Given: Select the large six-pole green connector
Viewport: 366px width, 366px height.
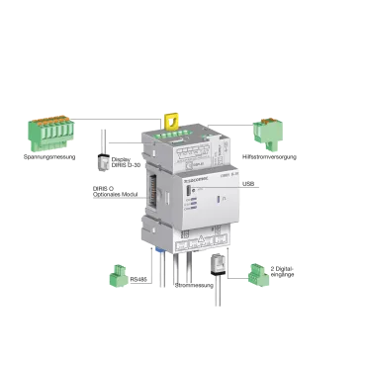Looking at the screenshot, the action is click(49, 133).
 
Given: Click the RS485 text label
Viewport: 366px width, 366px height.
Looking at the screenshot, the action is click(137, 280).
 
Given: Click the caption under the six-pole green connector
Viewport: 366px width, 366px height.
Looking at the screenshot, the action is click(49, 155).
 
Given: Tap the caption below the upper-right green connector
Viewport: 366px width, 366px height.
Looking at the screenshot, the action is click(269, 155).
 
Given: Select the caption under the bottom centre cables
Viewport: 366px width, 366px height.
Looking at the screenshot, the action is click(194, 285).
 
